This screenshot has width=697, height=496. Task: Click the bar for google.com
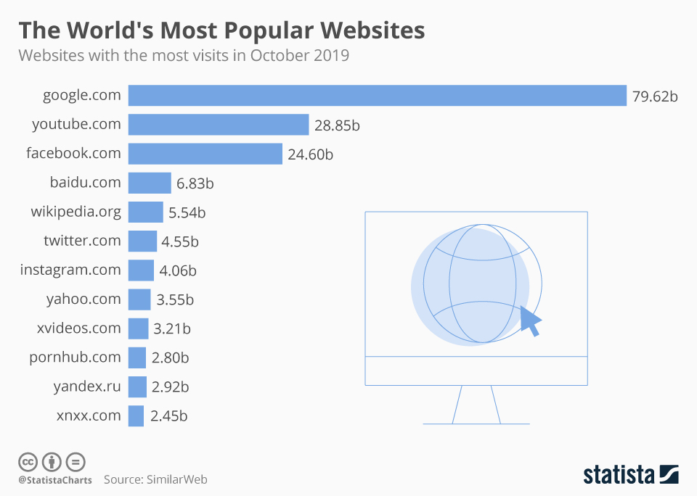click(377, 96)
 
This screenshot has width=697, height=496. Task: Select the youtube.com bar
click(219, 125)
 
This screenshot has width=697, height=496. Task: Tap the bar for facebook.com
click(205, 154)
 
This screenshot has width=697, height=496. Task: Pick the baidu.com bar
click(150, 183)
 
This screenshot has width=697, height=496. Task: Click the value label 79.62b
click(655, 96)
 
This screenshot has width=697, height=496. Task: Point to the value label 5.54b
click(187, 212)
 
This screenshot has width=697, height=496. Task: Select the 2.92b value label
click(171, 387)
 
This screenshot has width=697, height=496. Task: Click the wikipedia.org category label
click(76, 212)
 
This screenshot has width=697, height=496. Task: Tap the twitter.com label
click(82, 241)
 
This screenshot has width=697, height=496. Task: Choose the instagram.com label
click(70, 270)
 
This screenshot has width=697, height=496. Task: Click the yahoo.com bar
click(139, 299)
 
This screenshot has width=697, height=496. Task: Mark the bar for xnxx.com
click(136, 416)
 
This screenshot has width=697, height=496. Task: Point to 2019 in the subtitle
click(331, 56)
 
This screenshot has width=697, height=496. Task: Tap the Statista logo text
click(619, 475)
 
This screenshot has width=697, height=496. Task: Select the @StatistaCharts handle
click(55, 480)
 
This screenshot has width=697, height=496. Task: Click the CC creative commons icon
click(28, 461)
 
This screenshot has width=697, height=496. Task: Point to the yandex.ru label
click(87, 387)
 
